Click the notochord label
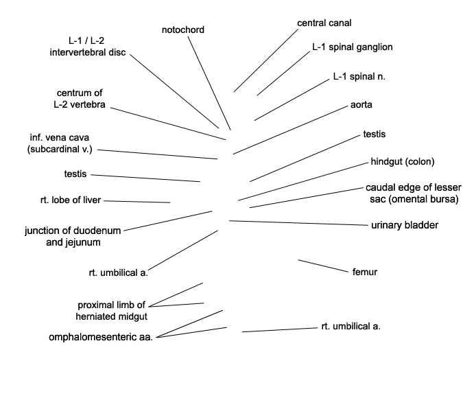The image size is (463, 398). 182,30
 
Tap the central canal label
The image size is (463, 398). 324,23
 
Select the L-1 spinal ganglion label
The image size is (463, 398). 353,47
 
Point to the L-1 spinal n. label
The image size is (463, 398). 359,77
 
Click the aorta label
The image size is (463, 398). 361,104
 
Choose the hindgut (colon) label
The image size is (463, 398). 403,162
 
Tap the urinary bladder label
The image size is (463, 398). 405,225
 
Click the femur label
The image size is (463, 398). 365,272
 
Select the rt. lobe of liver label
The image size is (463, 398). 71,200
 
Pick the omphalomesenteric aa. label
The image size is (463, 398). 101,337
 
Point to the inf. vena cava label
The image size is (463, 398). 60,143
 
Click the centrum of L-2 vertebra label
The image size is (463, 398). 80,99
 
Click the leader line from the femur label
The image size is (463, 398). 323,266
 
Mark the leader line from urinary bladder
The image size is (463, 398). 298,223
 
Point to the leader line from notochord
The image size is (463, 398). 209,83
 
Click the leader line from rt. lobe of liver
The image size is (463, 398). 137,202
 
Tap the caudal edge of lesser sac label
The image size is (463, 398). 414,194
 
